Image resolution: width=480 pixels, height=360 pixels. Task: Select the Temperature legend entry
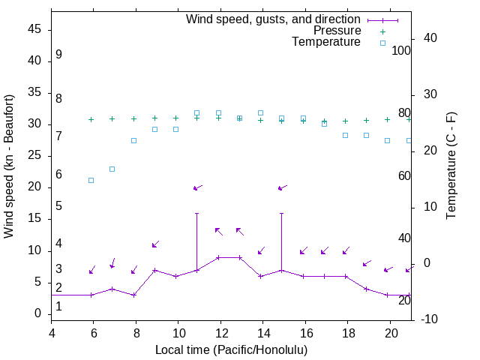tap(326, 43)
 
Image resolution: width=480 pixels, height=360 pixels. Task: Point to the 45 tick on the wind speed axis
tap(35, 29)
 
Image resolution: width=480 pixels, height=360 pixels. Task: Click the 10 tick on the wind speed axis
tap(35, 250)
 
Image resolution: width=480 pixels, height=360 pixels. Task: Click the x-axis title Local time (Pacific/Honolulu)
tap(231, 349)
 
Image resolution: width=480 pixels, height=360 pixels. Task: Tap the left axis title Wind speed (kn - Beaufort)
tap(9, 166)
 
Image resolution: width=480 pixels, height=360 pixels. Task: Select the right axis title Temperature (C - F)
tap(451, 166)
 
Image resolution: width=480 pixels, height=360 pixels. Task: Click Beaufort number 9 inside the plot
tap(58, 55)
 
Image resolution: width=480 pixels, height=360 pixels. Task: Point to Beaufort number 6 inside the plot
tap(58, 175)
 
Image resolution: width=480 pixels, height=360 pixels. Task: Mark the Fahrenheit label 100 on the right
tap(402, 50)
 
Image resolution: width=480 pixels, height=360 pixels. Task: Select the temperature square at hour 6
tap(91, 180)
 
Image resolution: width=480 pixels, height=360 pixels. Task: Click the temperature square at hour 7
tap(112, 169)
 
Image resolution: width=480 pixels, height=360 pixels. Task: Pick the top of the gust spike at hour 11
tap(197, 213)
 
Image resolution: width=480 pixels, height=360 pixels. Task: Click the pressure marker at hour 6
tap(91, 119)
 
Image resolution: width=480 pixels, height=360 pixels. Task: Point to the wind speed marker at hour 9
tap(154, 270)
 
